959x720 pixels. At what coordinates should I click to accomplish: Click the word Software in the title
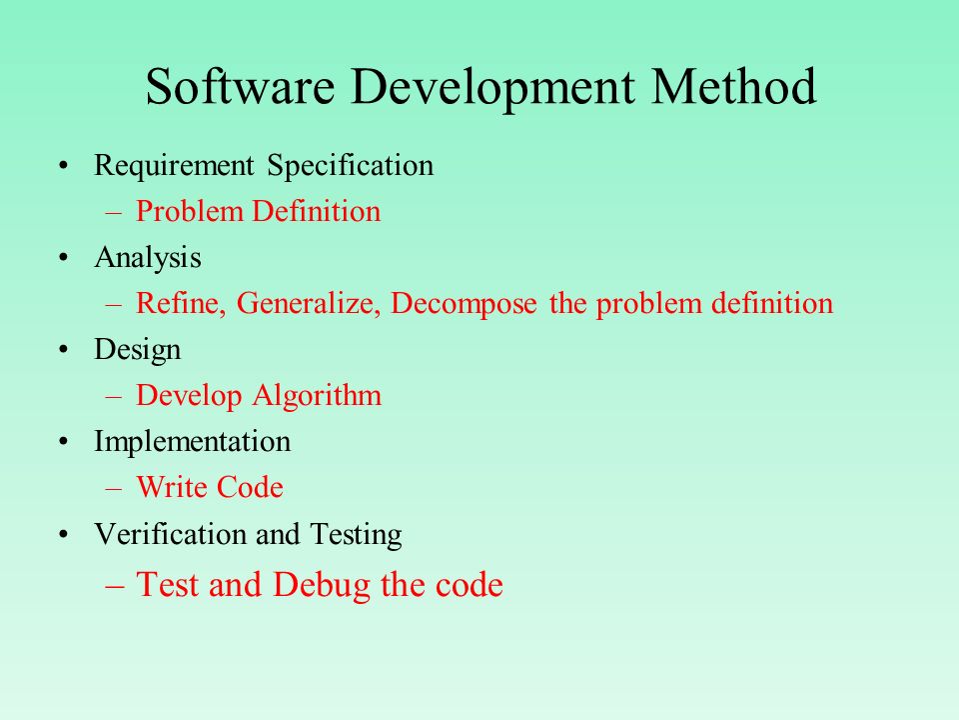point(241,86)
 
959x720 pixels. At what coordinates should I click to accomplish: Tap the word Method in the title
point(733,86)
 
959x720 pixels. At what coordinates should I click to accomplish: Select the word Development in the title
point(492,88)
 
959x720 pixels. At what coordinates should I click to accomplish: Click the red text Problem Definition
point(258,211)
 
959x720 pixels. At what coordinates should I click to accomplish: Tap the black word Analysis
point(148,258)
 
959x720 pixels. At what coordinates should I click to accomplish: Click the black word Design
point(138,351)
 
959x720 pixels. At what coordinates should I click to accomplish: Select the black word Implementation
point(192,442)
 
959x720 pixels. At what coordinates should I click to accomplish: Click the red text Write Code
point(210,488)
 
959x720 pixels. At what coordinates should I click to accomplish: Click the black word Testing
point(356,535)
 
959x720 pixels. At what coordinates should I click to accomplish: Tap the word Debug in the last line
point(322,585)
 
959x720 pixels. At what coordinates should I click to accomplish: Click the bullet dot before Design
point(64,350)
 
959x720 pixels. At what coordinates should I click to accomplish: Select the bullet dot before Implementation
point(64,442)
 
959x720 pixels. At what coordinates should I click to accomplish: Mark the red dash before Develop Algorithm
point(114,398)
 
